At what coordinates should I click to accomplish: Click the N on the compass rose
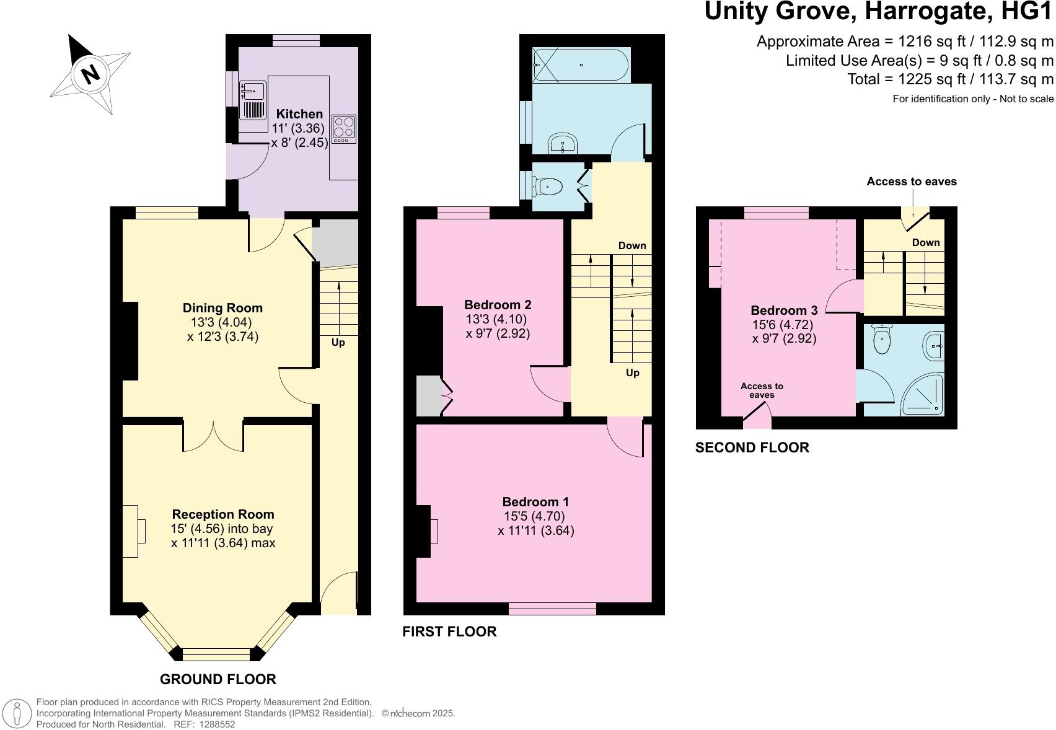(x=90, y=74)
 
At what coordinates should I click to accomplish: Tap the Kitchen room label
(x=299, y=114)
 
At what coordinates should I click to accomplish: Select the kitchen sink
(x=253, y=99)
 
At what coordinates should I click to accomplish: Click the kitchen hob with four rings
(x=344, y=129)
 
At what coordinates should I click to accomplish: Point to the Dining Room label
(x=222, y=308)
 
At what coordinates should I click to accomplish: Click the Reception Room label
(x=223, y=514)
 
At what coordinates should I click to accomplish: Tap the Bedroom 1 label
(x=535, y=502)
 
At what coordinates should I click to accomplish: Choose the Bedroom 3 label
(x=784, y=310)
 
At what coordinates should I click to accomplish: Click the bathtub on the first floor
(x=580, y=65)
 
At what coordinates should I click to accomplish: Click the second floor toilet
(x=881, y=339)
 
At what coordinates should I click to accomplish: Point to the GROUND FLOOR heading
(x=218, y=679)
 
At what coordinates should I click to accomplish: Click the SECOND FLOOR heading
(x=752, y=447)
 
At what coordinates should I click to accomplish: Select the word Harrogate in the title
(x=929, y=11)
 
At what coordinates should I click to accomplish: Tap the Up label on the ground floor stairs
(x=338, y=343)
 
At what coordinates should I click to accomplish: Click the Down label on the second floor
(x=926, y=243)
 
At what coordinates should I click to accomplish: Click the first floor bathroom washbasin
(x=563, y=143)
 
